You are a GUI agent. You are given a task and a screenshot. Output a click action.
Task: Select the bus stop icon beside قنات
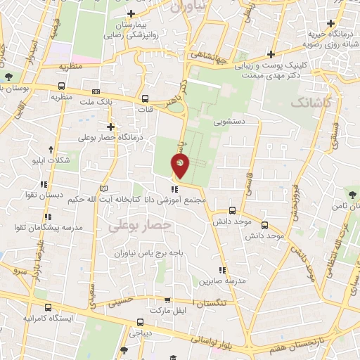pyautogui.click(x=146, y=98)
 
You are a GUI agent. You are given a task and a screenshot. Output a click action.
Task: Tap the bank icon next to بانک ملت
pyautogui.click(x=96, y=91)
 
